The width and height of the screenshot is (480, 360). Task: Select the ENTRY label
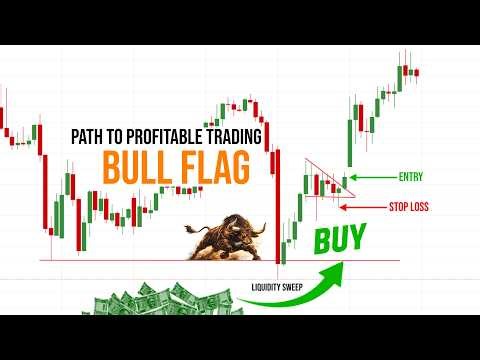tap(410, 177)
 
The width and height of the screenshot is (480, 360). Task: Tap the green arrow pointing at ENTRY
tap(375, 178)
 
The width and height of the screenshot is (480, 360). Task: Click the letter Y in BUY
tap(357, 239)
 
